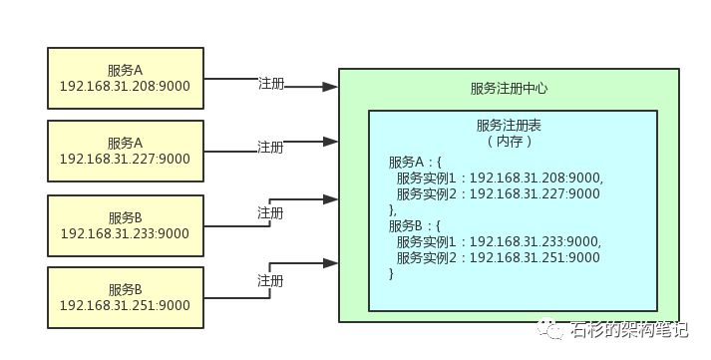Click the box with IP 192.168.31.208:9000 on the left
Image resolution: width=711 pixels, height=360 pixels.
(125, 78)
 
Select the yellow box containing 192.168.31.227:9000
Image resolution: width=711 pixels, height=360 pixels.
(125, 151)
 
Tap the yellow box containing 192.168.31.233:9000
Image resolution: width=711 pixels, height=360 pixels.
(125, 225)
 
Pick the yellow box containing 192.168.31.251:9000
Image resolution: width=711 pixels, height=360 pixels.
(125, 298)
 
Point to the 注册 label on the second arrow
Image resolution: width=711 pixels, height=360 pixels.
(270, 147)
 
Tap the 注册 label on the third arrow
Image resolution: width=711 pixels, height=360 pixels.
(270, 212)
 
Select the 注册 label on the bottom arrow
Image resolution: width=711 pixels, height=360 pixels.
(270, 279)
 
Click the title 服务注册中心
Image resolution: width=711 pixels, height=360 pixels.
(509, 89)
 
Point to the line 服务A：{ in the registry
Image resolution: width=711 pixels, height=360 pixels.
(417, 162)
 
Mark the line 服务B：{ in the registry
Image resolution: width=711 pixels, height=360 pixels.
(417, 225)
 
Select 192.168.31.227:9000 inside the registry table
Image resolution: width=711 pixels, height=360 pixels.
(534, 193)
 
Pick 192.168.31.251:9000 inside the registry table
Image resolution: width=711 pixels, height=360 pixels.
(534, 257)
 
